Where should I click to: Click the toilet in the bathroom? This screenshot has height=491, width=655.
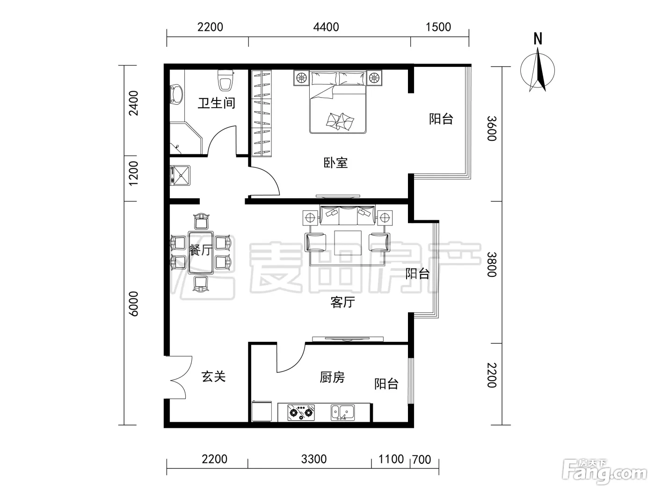tap(226, 80)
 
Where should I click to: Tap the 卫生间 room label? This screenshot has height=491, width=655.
tap(217, 103)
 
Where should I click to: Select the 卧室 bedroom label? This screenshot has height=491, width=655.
tap(336, 163)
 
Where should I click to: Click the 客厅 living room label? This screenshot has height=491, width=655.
tap(343, 302)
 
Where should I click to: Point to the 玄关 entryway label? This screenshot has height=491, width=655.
tap(214, 376)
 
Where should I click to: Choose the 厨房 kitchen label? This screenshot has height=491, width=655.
tap(332, 377)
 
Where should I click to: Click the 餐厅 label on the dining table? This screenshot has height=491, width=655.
tap(201, 250)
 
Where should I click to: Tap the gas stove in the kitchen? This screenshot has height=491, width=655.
tap(301, 412)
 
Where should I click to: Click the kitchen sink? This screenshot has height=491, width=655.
tap(342, 412)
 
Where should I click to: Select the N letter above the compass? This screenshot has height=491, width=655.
tap(538, 39)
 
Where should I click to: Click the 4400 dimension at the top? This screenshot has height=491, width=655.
tap(326, 27)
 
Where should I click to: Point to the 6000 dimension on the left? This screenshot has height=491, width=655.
tap(133, 303)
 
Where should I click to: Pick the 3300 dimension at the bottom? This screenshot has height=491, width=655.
tap(314, 459)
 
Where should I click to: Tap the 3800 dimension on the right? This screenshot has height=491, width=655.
tap(492, 264)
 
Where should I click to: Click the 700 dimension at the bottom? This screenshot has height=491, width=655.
tap(422, 460)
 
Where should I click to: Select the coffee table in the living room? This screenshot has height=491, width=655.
tap(348, 243)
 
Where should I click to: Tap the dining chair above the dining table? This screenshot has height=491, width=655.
tap(202, 221)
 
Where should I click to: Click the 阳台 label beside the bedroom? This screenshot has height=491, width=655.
tap(441, 119)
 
